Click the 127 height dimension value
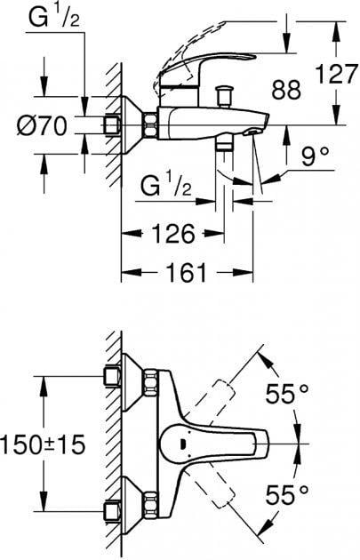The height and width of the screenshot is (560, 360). [x=337, y=75]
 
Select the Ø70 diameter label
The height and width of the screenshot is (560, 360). [x=42, y=125]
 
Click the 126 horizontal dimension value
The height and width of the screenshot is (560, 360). [x=173, y=234]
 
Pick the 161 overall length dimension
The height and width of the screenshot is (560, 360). [x=188, y=273]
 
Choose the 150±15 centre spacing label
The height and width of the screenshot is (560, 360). [x=43, y=444]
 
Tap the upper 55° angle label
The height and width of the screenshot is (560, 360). [x=287, y=394]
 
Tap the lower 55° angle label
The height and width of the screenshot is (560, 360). [x=287, y=494]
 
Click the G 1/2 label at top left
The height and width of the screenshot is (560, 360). [x=54, y=18]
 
